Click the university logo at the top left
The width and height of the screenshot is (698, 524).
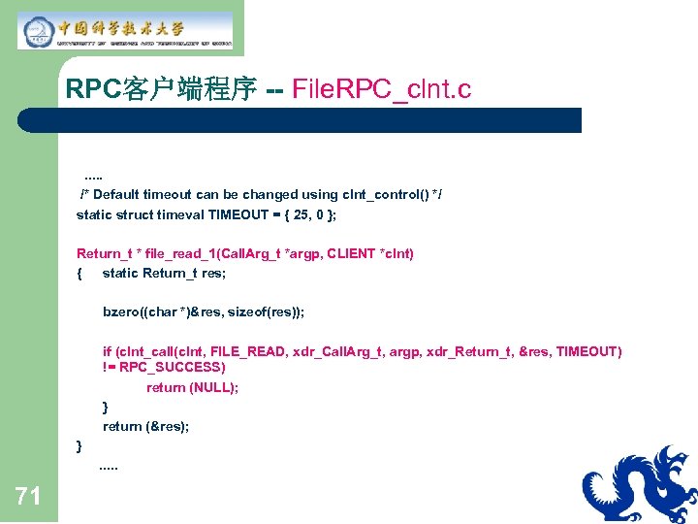(x=124, y=31)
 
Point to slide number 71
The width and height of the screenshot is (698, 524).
(x=28, y=498)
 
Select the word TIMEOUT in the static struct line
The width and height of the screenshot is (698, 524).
(x=238, y=214)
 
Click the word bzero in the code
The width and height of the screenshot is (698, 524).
(x=121, y=311)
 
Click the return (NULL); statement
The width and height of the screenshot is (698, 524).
(x=193, y=387)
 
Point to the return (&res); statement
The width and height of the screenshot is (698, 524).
(x=146, y=426)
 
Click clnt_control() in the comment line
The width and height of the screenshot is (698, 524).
(x=381, y=194)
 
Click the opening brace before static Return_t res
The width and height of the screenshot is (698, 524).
(x=79, y=273)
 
